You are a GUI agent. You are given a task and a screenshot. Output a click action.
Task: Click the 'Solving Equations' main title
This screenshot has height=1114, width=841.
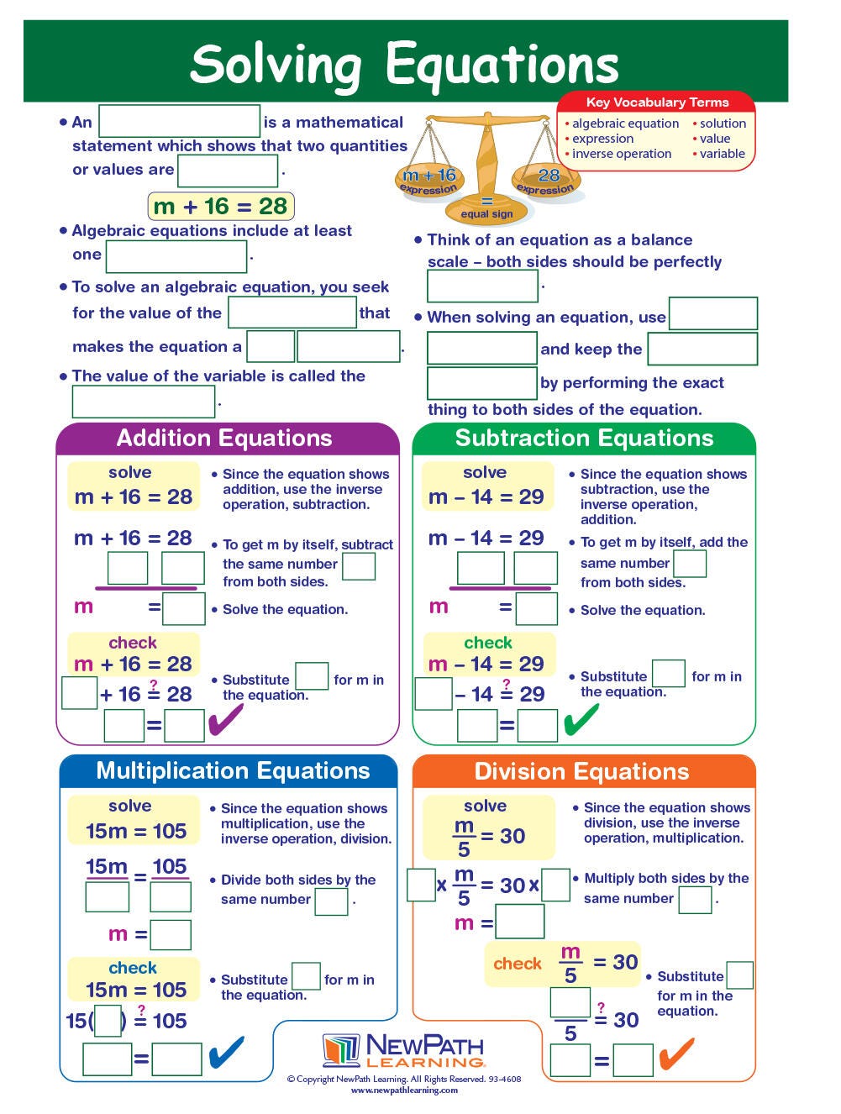(x=404, y=64)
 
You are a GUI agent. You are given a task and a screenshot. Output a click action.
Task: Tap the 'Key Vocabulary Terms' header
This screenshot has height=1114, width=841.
(x=657, y=102)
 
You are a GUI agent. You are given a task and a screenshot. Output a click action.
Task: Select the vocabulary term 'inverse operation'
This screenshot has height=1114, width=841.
(x=621, y=154)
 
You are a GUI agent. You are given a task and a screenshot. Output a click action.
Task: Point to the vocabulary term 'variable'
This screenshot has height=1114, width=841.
(x=722, y=154)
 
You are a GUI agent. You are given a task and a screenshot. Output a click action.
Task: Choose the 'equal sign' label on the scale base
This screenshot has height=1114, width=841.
(x=486, y=213)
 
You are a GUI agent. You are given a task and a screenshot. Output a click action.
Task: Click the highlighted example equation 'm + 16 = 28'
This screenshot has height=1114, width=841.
(x=221, y=206)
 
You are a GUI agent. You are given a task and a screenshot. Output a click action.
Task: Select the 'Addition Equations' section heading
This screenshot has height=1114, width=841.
(x=224, y=438)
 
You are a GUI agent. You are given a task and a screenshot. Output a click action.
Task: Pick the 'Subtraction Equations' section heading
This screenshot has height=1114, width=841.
(x=584, y=438)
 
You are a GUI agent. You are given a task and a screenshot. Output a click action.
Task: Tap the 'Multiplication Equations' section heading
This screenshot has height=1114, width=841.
(x=233, y=770)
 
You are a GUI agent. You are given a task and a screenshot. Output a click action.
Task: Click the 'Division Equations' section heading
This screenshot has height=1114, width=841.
(x=581, y=771)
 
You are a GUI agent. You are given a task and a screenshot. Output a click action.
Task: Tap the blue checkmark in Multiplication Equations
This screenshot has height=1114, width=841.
(x=225, y=1052)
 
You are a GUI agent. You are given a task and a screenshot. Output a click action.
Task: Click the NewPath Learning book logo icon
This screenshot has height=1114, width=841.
(x=341, y=1050)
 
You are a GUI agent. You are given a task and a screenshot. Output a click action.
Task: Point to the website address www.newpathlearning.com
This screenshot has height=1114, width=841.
(x=404, y=1090)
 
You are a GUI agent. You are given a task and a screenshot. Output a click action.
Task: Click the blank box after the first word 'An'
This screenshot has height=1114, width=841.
(x=179, y=121)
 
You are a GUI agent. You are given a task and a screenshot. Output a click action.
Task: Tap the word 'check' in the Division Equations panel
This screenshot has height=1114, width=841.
(x=518, y=964)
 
